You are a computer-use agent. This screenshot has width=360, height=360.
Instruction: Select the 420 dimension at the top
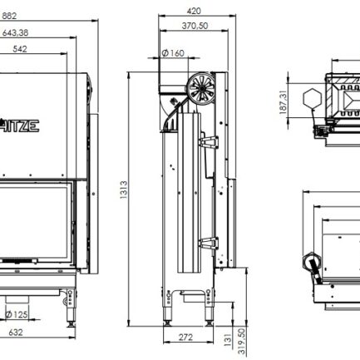point(194,12)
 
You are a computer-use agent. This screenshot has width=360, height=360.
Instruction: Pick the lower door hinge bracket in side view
point(209,244)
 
